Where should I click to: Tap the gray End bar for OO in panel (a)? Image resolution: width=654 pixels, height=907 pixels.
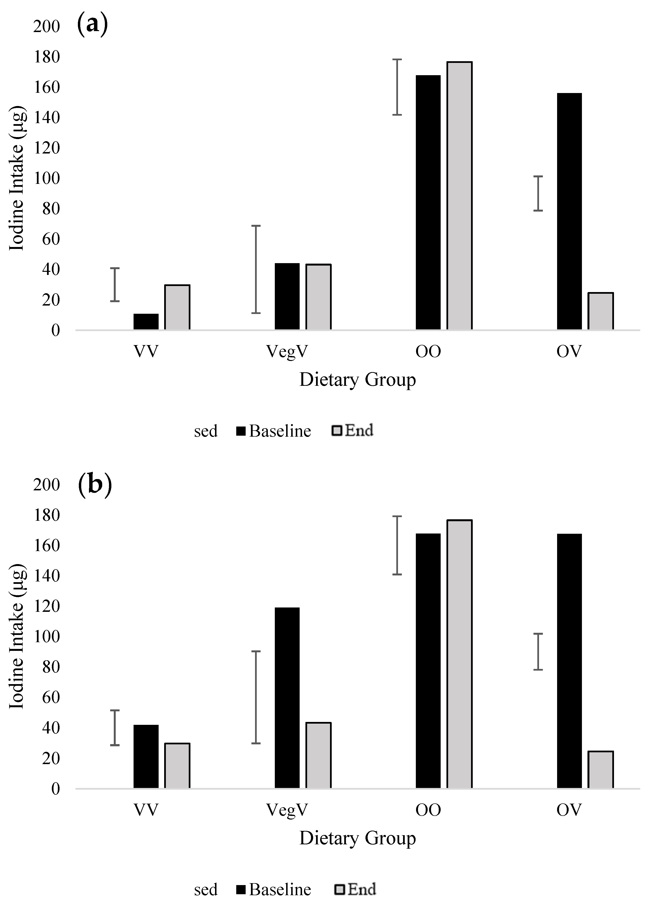460,196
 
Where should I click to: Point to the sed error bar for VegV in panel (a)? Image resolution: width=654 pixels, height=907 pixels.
256,269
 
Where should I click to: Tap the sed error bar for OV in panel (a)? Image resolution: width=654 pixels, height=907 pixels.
538,193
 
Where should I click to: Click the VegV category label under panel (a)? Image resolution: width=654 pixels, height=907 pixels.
287,352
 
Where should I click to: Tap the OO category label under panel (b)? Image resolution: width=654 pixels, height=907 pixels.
428,810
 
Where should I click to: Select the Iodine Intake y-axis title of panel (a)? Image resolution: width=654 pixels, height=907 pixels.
17,178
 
